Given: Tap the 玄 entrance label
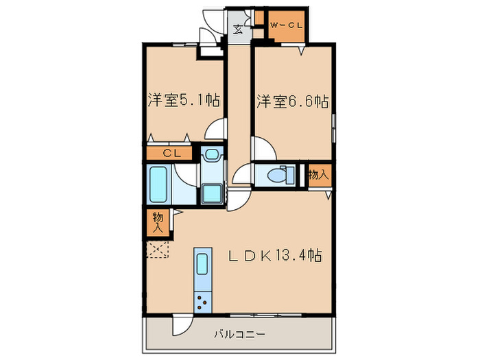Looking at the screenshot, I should click(237, 29).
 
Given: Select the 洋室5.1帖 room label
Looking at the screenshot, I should click(183, 101).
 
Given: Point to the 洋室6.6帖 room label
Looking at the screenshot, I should click(292, 101).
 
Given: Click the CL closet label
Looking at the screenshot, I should click(171, 154).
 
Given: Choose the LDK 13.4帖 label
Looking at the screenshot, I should click(274, 256).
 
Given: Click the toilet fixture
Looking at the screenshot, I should click(278, 175).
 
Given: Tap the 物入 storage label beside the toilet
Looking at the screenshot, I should click(317, 174).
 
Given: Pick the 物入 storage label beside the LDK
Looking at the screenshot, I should click(156, 220).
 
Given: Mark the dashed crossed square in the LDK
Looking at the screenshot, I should click(157, 250).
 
